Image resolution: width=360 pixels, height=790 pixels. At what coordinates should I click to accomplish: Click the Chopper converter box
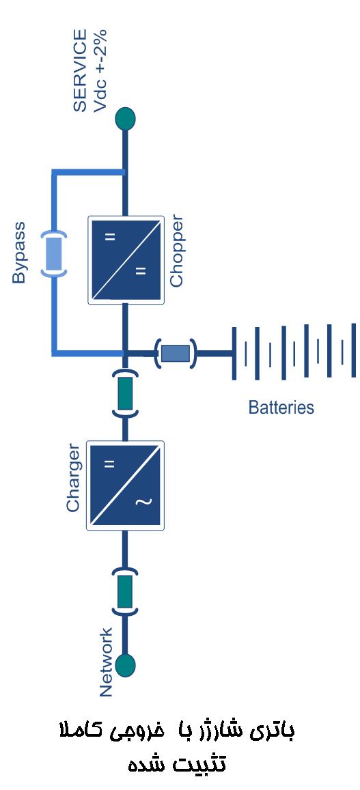(126, 260)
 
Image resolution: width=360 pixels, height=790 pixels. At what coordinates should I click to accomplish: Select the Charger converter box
(126, 485)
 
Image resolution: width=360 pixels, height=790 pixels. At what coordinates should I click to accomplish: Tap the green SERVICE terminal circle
(125, 119)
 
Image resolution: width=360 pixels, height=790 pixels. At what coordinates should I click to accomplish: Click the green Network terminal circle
(125, 664)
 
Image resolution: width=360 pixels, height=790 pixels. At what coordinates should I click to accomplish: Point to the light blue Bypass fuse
(53, 253)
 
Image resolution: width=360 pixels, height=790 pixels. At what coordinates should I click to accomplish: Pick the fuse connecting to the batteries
(176, 353)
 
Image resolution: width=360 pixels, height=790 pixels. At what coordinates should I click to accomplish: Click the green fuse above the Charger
(125, 393)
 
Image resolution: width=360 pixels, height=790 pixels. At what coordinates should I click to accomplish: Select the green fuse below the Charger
(125, 591)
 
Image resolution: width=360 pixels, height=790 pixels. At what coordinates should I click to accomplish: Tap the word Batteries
(281, 407)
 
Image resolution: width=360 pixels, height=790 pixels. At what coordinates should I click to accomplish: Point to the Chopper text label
(176, 251)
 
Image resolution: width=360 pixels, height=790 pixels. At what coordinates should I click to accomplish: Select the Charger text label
(74, 478)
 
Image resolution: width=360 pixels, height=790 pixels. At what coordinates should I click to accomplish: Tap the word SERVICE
(80, 70)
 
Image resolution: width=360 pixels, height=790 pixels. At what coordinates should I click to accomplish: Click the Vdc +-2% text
(100, 70)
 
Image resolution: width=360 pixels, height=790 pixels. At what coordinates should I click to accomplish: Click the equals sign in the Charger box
(109, 464)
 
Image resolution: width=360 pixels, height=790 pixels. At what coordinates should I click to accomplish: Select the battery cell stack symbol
(294, 352)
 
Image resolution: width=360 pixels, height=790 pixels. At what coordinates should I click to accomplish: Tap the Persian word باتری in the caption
(273, 732)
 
